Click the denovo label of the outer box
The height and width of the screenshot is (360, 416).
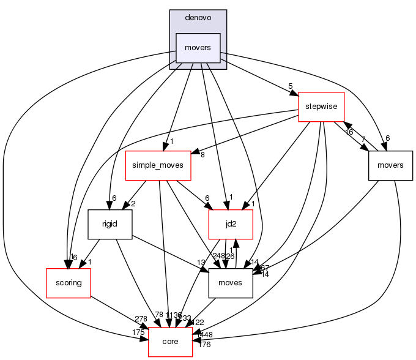coord(198,18)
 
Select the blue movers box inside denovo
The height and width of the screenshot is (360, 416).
coord(198,48)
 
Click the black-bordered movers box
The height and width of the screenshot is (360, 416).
coord(391,165)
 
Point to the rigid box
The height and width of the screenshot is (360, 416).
coord(111,225)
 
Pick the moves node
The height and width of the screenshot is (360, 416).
coord(231,283)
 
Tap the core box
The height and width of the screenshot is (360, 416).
coord(171,341)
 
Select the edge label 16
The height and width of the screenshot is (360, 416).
coord(349,132)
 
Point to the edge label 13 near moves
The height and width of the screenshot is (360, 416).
coord(201,262)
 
